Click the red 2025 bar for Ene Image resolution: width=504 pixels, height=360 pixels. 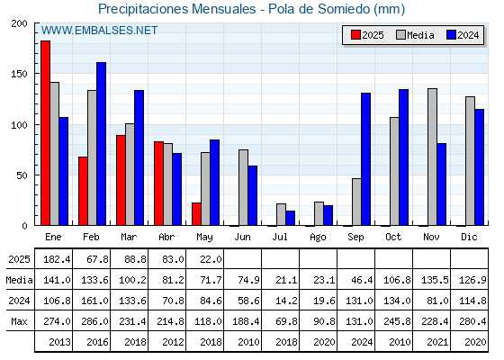(x=45, y=133)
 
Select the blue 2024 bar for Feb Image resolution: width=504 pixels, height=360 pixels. (x=101, y=144)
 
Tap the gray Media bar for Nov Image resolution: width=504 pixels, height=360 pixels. (x=432, y=157)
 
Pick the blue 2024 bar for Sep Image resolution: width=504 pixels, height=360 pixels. (x=365, y=159)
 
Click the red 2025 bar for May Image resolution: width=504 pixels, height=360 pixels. (x=196, y=214)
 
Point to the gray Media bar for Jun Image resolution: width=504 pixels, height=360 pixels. (x=243, y=187)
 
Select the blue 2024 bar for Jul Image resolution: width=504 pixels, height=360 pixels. (x=290, y=218)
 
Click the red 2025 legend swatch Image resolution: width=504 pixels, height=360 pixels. (x=355, y=35)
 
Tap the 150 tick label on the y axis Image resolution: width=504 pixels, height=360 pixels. (x=19, y=74)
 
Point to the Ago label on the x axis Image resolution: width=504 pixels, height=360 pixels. (x=318, y=238)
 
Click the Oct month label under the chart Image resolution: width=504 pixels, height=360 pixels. (x=393, y=237)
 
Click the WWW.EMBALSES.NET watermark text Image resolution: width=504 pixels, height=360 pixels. (x=99, y=31)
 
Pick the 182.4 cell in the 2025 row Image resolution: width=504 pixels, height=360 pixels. (x=57, y=259)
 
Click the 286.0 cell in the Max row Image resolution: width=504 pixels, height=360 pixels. (x=94, y=321)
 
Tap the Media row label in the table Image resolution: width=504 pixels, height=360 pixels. (x=19, y=280)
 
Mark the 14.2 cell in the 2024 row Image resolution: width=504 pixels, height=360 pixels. (x=287, y=301)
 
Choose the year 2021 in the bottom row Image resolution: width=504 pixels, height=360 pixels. (x=437, y=342)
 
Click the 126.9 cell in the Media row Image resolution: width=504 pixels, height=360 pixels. (x=472, y=280)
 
